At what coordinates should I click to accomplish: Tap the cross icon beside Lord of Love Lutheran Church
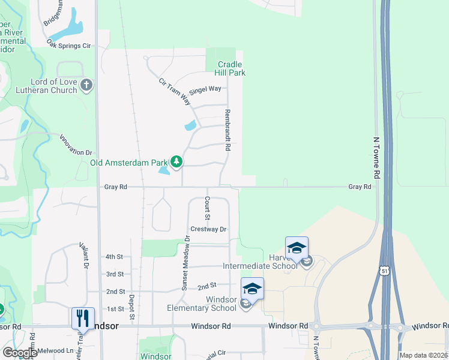(86, 85)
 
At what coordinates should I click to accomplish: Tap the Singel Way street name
(205, 90)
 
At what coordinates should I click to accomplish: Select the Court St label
(207, 208)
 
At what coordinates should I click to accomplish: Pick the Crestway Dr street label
(208, 229)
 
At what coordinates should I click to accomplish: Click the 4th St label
(114, 257)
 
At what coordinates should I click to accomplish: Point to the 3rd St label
(114, 274)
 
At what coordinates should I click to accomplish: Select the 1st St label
(115, 309)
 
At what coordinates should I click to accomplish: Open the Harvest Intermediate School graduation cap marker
(297, 248)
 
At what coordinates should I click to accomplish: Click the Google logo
(20, 353)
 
